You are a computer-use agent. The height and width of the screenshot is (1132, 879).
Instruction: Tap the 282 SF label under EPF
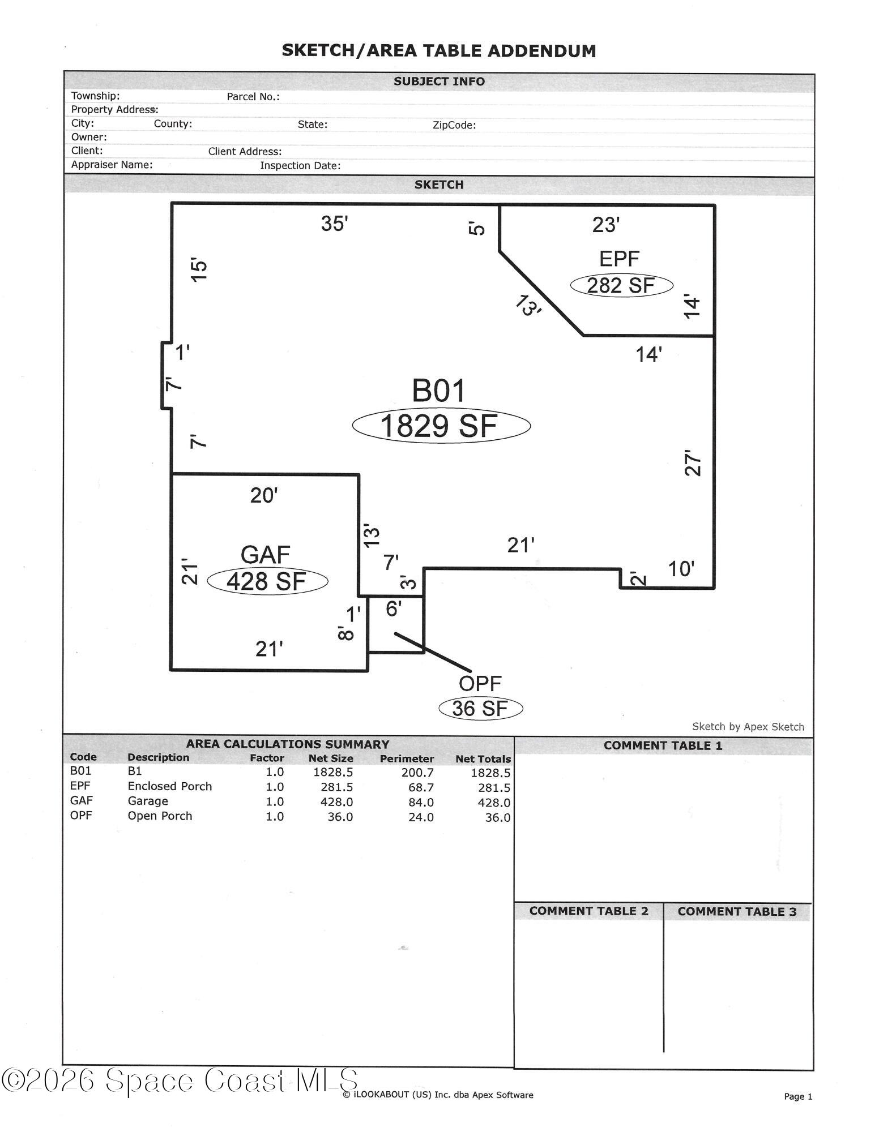click(x=621, y=285)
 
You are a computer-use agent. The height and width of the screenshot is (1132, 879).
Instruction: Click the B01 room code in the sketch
click(x=438, y=391)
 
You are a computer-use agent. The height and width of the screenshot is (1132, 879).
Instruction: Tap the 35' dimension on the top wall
click(x=334, y=224)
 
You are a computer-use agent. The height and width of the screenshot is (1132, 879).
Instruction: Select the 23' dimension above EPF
click(x=606, y=225)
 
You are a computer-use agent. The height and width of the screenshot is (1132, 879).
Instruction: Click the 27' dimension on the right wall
click(x=693, y=463)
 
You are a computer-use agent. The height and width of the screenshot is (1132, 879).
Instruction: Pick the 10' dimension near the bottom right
click(x=681, y=569)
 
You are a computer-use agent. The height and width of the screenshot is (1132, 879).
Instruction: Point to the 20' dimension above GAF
click(x=264, y=495)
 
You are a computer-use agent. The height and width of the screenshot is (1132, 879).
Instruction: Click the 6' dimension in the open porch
click(x=394, y=608)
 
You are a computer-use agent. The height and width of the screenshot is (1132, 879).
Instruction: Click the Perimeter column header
click(x=407, y=759)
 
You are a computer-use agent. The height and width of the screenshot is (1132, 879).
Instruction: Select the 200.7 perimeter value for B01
click(x=417, y=773)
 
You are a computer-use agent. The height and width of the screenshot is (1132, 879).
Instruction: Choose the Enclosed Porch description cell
click(x=169, y=786)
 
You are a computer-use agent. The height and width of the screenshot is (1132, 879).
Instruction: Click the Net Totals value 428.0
click(x=494, y=803)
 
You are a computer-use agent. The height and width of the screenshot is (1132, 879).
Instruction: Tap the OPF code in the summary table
click(x=81, y=815)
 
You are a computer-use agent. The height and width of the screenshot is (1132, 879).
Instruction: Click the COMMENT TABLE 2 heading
click(x=588, y=911)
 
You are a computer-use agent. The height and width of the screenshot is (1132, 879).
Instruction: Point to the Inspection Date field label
click(x=300, y=166)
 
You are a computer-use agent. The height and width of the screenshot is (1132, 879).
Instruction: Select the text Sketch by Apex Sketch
click(x=748, y=727)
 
